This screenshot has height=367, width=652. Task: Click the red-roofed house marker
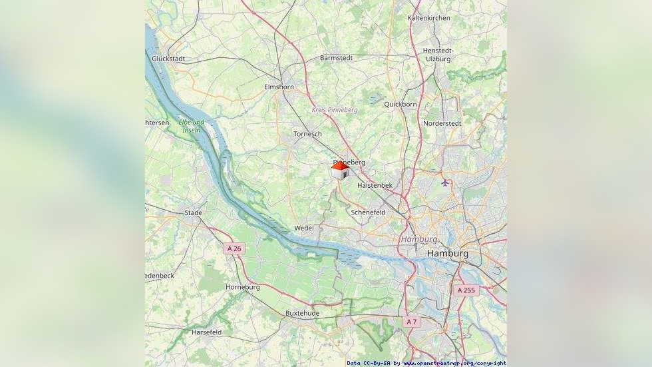[x=340, y=171]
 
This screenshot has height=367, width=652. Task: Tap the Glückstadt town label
[x=168, y=59]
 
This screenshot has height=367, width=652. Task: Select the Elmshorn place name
[x=279, y=87]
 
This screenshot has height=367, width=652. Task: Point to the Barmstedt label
[x=336, y=58]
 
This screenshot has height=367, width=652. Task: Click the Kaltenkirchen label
[x=428, y=18]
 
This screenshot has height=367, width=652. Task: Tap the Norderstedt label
[x=442, y=123]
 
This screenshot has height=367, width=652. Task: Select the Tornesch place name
[x=307, y=134]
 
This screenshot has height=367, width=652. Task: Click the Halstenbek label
[x=375, y=185]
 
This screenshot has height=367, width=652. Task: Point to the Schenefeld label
[x=368, y=212]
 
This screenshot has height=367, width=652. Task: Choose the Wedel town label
[x=304, y=228]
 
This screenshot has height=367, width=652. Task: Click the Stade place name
[x=193, y=213]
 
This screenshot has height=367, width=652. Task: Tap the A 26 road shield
[x=234, y=248]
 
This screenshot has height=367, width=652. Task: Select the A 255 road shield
[x=466, y=290]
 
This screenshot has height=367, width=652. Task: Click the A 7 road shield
[x=411, y=322]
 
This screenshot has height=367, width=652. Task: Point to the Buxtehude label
[x=302, y=313]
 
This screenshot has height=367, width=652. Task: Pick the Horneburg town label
[x=242, y=287]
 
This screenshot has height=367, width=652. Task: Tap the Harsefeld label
[x=206, y=332]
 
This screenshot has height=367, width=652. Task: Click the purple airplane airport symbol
[x=445, y=182]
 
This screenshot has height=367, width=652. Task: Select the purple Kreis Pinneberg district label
[x=335, y=110]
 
